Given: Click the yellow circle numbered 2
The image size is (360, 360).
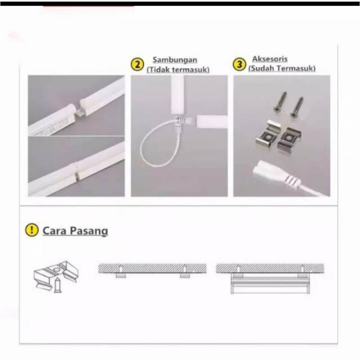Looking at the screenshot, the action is tap(137, 64).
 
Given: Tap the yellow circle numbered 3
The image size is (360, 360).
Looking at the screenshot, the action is tap(240, 64).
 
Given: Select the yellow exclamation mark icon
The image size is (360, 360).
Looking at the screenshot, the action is tap(32, 230).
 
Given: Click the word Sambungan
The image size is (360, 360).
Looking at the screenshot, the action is tap(175, 60).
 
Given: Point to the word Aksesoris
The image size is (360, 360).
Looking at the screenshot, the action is tap(270, 59).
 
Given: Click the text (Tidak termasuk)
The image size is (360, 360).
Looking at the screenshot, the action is tap(178, 70).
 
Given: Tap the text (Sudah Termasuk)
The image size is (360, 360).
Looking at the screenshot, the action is tap(282, 68).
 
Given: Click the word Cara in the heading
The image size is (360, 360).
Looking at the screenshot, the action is tap(54, 230).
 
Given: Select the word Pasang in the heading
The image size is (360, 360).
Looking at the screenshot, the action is tap(88, 231).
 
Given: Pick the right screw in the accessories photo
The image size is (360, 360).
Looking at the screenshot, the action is tap(297, 107).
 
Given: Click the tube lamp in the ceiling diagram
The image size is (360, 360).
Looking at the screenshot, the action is tap(270, 286).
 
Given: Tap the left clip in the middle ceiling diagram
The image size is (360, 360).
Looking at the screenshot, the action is tap(121, 275).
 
